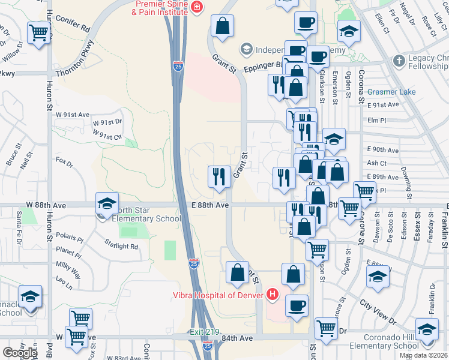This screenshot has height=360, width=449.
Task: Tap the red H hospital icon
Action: click(x=273, y=294)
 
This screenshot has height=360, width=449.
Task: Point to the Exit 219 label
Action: click(x=204, y=332)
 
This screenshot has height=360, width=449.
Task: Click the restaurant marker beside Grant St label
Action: click(x=218, y=176)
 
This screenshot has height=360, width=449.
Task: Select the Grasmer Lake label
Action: click(x=391, y=92)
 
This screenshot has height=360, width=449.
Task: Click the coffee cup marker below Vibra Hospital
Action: click(x=296, y=305)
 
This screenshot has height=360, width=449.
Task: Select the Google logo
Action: click(x=20, y=353)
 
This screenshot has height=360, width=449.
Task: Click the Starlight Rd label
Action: click(x=121, y=246)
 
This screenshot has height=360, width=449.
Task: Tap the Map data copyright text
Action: click(x=423, y=355)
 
